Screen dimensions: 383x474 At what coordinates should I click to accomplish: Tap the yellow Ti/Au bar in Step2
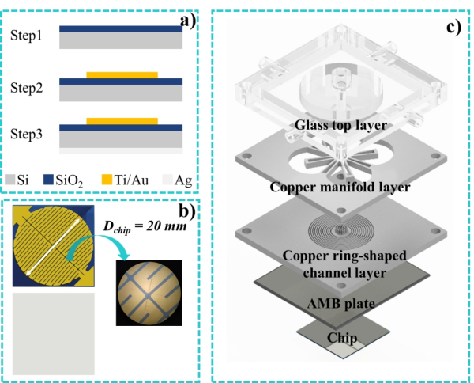click(122, 74)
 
